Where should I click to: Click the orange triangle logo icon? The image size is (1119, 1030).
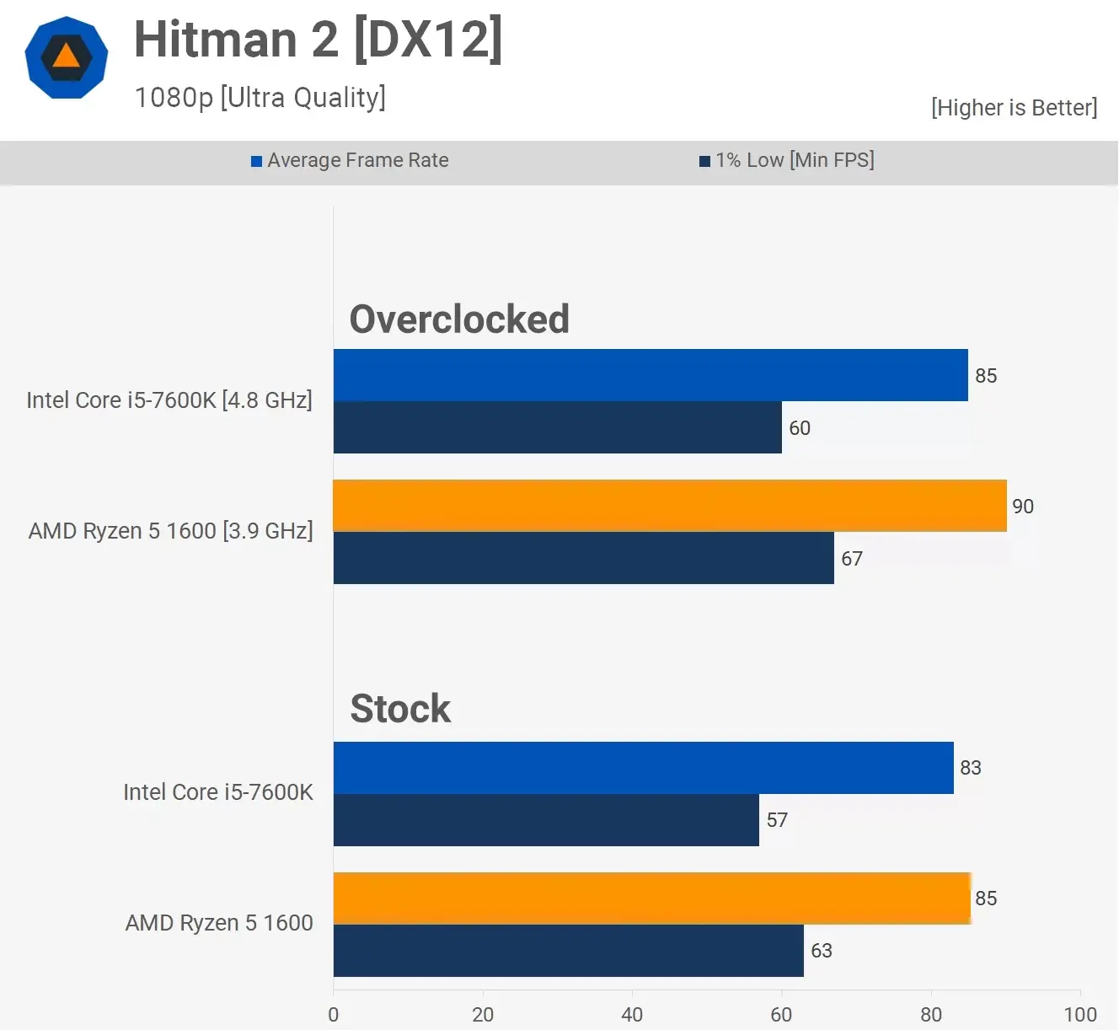coord(67,57)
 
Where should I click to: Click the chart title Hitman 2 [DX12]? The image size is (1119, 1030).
coord(318,40)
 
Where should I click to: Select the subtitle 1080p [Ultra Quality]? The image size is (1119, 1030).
coord(260,98)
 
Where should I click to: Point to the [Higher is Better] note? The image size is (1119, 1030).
coord(1014,108)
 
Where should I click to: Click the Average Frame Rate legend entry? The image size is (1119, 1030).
coord(350,160)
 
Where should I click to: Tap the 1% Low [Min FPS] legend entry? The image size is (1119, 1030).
coord(787,160)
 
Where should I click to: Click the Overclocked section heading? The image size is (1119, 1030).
coord(459,319)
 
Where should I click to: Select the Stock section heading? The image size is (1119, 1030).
coord(400,709)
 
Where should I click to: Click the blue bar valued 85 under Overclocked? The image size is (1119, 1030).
coord(650,375)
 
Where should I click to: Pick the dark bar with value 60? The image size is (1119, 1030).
coord(557,427)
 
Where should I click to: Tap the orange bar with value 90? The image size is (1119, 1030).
coord(669,506)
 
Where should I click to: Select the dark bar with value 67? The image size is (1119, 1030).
coord(583,558)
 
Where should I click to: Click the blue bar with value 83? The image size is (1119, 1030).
coord(643,768)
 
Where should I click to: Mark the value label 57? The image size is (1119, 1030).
coord(777,820)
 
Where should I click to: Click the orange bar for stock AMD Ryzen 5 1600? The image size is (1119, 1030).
coord(651,899)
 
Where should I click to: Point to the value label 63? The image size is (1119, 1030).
coord(821,951)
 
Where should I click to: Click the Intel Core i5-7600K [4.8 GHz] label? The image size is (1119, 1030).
coord(169,400)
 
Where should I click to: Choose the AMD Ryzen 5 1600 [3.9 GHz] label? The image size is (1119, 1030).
coord(170,531)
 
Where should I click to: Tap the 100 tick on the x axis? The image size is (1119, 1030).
coord(1079,1014)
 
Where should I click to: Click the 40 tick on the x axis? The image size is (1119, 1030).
coord(632,1014)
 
